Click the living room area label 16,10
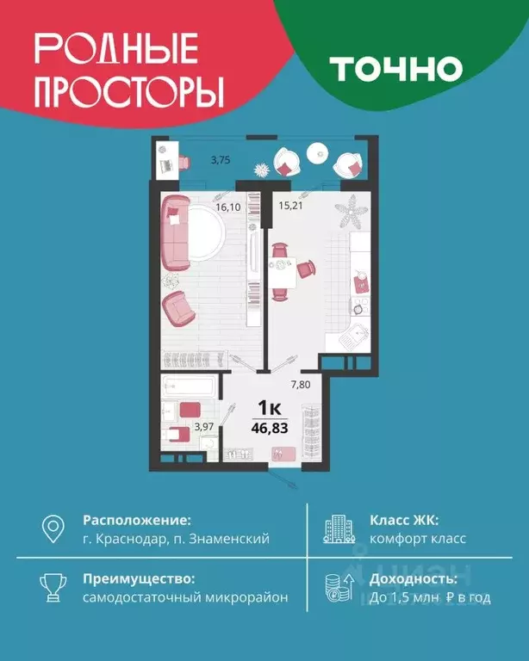point(227,207)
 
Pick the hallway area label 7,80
point(300,385)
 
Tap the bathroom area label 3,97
point(203,425)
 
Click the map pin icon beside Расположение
point(53,528)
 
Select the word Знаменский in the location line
point(230,539)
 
